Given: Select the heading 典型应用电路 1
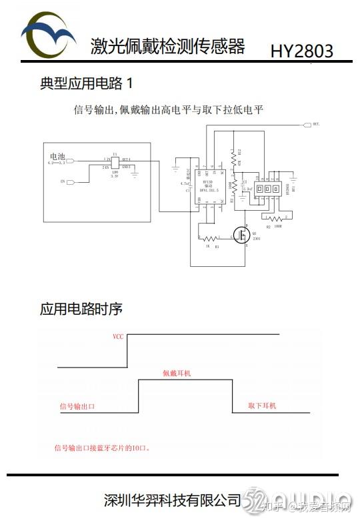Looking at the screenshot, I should click(x=87, y=83).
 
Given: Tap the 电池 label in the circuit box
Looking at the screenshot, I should click(x=57, y=155).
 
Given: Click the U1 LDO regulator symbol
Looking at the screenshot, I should click(x=115, y=162).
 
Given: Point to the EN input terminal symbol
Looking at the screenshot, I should click(x=71, y=181).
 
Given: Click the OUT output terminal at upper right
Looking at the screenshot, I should click(x=306, y=125).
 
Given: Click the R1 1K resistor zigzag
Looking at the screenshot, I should click(x=209, y=239).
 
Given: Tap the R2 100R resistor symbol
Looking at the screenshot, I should click(x=275, y=218).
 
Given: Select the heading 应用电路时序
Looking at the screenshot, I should click(x=81, y=310).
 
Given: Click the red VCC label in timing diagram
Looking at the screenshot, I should click(x=118, y=338).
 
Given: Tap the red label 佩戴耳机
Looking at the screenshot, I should click(x=177, y=374).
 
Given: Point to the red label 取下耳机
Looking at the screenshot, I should click(x=261, y=406).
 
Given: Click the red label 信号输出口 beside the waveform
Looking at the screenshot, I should click(x=78, y=406).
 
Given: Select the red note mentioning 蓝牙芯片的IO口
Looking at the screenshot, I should click(x=102, y=448).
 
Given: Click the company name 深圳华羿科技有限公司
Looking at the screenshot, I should click(x=173, y=499).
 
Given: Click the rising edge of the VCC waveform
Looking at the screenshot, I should click(x=127, y=350).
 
